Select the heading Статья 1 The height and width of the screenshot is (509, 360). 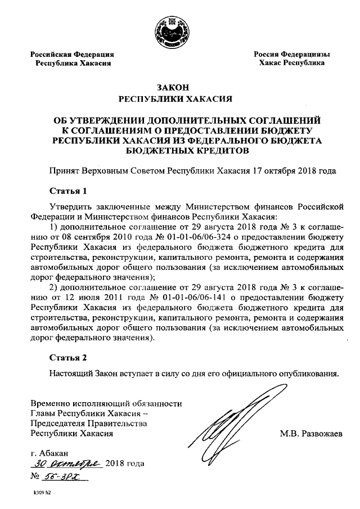click(x=67, y=191)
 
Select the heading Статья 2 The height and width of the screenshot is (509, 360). click(x=67, y=357)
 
